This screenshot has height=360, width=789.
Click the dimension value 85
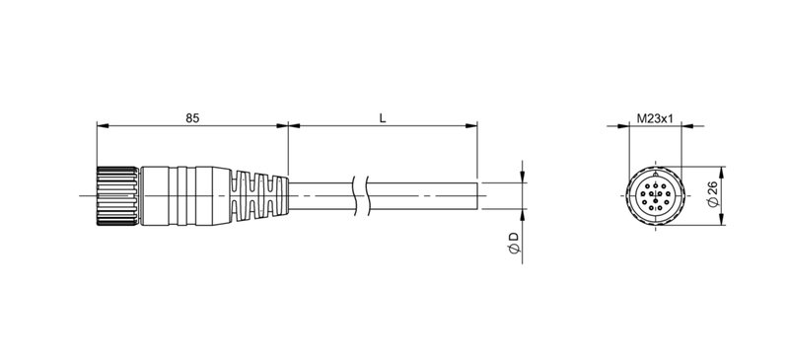point(192,117)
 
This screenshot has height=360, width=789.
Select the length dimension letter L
point(383,117)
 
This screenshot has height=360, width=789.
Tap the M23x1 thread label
point(654,118)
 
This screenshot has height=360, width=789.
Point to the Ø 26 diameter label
point(712,194)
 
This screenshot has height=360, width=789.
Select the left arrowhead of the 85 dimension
point(101,126)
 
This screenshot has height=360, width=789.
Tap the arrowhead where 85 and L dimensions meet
point(287,126)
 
